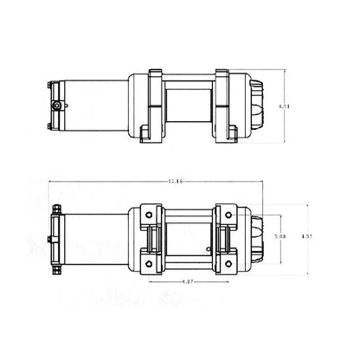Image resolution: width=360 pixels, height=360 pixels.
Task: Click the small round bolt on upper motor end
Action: pos(58,104)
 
